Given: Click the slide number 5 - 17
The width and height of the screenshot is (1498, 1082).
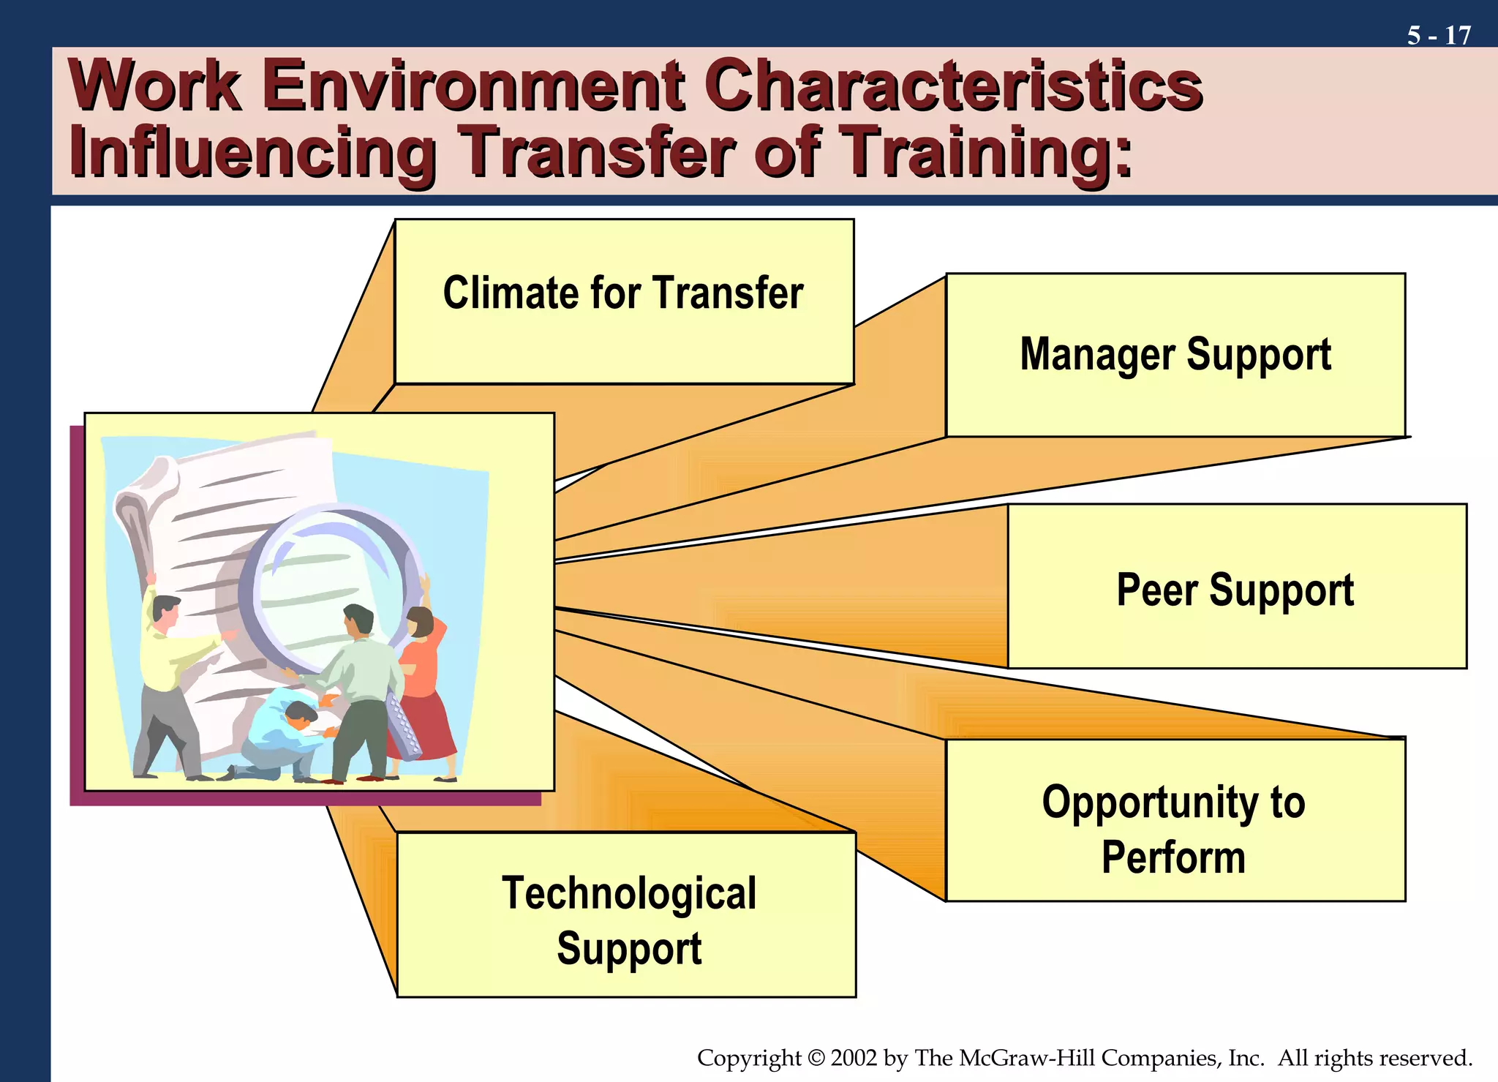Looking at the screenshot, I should coord(1438,35).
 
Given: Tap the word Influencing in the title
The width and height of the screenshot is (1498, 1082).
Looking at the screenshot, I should coord(252,153).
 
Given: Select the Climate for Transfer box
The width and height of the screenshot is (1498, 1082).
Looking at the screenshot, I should coord(624,301).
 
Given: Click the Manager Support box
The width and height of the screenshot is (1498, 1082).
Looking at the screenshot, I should coord(1175,356).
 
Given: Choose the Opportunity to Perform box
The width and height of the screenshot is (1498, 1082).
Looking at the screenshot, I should coord(1175,820).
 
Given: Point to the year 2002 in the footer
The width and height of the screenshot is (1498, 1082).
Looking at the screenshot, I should coord(854,1058).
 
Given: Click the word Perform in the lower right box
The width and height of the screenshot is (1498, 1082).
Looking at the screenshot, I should coord(1173,857).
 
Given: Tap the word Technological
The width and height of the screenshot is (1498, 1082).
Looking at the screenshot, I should coord(629,893).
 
